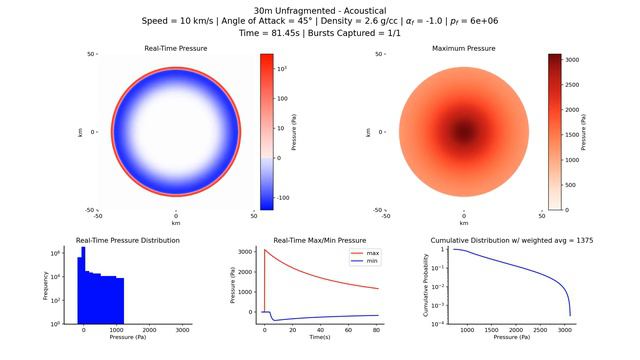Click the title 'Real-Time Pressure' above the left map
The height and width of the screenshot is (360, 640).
(x=176, y=48)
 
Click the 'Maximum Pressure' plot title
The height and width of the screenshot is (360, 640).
(x=464, y=48)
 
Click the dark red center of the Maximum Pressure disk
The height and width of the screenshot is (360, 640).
(x=464, y=131)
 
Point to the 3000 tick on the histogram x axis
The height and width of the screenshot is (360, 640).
(x=182, y=330)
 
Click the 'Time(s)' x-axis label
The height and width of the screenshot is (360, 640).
(x=321, y=338)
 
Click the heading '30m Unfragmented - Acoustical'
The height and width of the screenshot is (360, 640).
(x=320, y=9)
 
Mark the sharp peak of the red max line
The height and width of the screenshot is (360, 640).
(x=265, y=250)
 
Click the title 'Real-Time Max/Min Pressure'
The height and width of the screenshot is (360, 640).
(x=321, y=241)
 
